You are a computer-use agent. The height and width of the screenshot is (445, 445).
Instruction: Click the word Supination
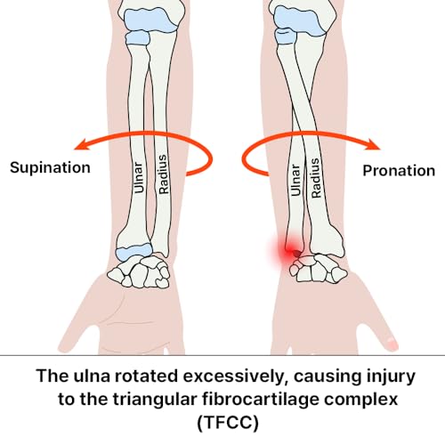pos(50,168)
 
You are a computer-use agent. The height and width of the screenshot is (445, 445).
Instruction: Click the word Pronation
pos(399,171)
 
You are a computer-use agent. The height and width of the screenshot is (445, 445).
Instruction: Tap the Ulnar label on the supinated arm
pos(139,178)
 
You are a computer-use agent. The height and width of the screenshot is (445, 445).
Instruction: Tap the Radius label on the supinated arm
pos(164,174)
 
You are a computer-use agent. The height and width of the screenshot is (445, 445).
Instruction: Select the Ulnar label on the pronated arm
pos(295,181)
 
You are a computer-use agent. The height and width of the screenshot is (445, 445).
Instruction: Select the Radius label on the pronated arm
pos(316,178)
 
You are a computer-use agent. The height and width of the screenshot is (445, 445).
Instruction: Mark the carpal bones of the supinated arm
pos(139,272)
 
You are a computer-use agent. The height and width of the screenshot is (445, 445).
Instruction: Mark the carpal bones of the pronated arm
pos(318,268)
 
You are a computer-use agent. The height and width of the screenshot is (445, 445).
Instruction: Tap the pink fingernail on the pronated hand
pos(392,344)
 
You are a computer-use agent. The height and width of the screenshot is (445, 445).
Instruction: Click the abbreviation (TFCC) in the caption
pos(228,423)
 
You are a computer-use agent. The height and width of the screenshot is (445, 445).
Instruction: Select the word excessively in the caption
pos(231,376)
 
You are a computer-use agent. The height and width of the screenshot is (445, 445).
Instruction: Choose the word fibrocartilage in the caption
pos(265,400)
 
